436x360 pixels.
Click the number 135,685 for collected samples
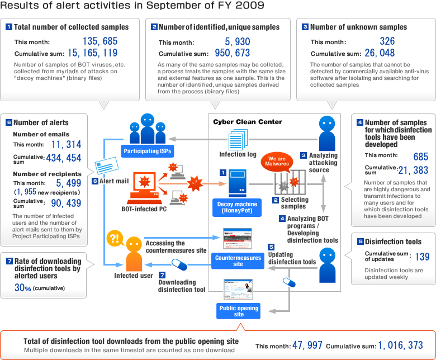click(x=100, y=41)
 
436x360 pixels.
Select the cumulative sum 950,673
click(x=232, y=53)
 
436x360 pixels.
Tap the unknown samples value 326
click(x=387, y=41)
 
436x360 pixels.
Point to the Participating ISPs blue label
click(x=148, y=151)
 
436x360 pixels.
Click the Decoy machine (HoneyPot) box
click(x=237, y=207)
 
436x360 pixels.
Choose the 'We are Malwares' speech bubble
click(x=277, y=161)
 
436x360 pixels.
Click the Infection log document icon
click(x=238, y=140)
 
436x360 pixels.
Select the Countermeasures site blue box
click(x=238, y=260)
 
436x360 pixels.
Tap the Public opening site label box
click(x=239, y=311)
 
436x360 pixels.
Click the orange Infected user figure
click(x=134, y=254)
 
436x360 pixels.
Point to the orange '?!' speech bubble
click(x=115, y=239)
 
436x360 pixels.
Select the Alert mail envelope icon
click(x=107, y=165)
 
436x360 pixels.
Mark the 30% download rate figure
click(x=22, y=287)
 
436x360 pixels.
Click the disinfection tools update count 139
click(x=422, y=257)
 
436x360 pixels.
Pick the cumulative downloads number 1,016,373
click(x=400, y=345)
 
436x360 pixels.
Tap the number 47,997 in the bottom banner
click(x=307, y=345)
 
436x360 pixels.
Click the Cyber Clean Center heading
click(x=248, y=122)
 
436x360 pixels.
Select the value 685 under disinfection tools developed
click(x=421, y=157)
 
